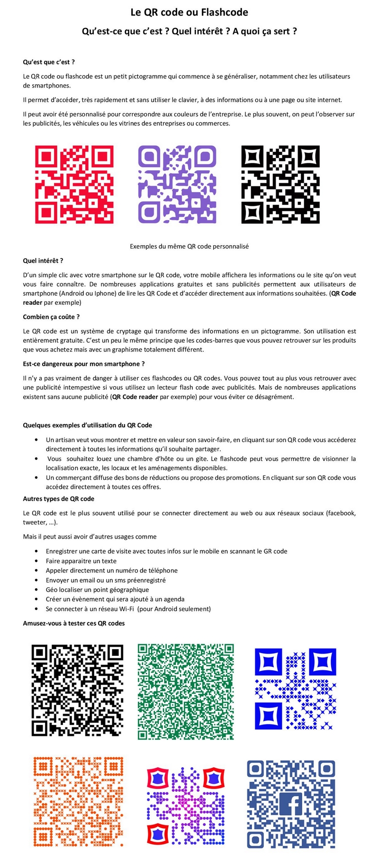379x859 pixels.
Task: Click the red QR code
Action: point(74,184)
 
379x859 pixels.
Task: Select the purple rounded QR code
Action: point(177,184)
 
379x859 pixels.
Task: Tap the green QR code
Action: point(186,691)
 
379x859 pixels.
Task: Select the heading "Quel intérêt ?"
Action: point(43,261)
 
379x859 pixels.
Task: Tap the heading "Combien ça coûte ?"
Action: point(51,317)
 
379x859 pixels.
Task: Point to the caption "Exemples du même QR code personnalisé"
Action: point(189,247)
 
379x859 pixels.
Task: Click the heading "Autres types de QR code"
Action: point(59,499)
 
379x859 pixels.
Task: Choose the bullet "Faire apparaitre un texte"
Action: point(81,561)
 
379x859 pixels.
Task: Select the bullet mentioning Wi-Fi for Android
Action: point(128,609)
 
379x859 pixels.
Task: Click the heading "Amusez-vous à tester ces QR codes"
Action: point(74,623)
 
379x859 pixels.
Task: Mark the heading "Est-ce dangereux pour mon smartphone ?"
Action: point(84,364)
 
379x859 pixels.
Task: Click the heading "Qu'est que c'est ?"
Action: point(49,62)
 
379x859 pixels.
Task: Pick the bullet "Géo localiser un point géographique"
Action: point(97,590)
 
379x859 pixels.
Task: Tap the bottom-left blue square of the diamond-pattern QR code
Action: point(269,716)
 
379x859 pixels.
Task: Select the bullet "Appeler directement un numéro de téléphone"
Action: point(112,571)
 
